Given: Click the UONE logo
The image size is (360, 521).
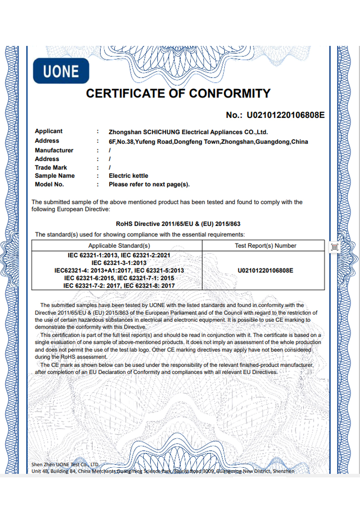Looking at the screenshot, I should (x=61, y=71).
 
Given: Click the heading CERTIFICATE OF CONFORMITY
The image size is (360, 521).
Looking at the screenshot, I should (x=178, y=94).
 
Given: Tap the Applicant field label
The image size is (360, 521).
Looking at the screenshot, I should (x=49, y=131).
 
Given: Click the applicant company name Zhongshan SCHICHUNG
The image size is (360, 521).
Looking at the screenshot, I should (x=188, y=132).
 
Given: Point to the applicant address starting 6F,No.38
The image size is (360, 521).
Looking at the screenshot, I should (x=208, y=141).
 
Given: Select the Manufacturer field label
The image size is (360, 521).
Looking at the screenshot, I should (x=54, y=150).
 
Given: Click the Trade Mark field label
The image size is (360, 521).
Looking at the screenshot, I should (x=51, y=168).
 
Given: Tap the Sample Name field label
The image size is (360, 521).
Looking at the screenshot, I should (x=55, y=176).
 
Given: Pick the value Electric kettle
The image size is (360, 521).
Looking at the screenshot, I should (x=128, y=176).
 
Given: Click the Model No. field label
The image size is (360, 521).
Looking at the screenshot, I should (x=50, y=185).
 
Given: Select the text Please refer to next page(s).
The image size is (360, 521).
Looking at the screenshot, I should (x=149, y=185).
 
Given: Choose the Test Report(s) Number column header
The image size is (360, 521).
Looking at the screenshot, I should (x=266, y=246).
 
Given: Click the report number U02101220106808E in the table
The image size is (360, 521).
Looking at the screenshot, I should (x=266, y=271).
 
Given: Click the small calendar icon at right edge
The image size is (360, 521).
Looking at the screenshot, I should (x=334, y=247).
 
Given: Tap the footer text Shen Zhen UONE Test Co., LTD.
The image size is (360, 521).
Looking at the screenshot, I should (x=65, y=465).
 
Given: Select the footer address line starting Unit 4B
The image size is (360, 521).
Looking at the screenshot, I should (x=162, y=471).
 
